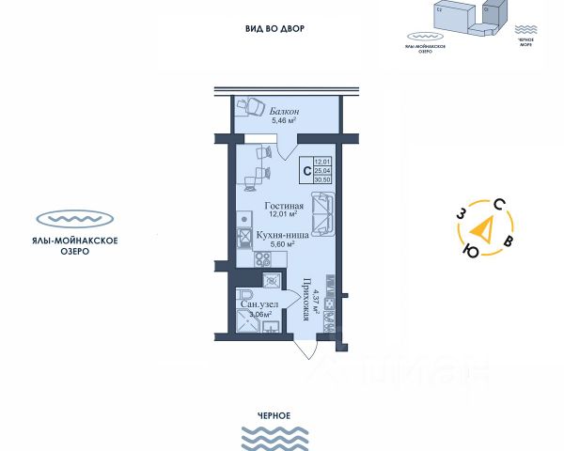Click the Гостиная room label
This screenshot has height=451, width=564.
(282, 206)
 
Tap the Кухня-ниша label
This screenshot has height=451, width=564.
(279, 233)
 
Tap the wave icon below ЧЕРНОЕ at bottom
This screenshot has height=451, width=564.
(271, 436)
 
